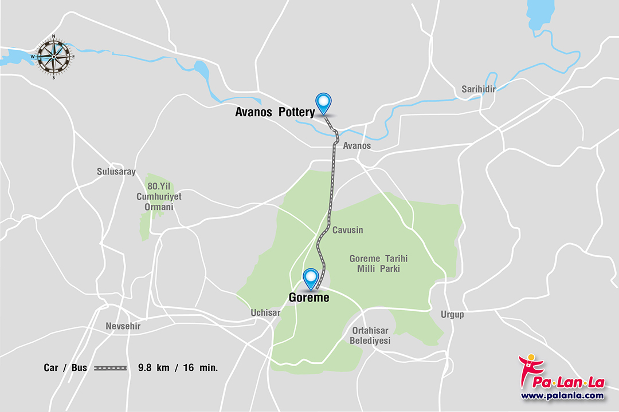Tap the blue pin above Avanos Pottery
(324, 102)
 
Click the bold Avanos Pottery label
(275, 113)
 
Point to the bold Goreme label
(308, 297)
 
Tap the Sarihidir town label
(478, 89)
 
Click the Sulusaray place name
(116, 172)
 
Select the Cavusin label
(348, 230)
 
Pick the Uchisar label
(265, 313)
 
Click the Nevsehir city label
(123, 326)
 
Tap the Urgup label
(452, 314)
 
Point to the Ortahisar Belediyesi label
(370, 336)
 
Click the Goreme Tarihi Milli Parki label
(378, 264)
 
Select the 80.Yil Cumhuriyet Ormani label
(159, 196)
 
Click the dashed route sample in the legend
(110, 368)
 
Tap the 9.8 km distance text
(154, 368)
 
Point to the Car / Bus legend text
(65, 368)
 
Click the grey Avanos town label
(356, 146)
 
